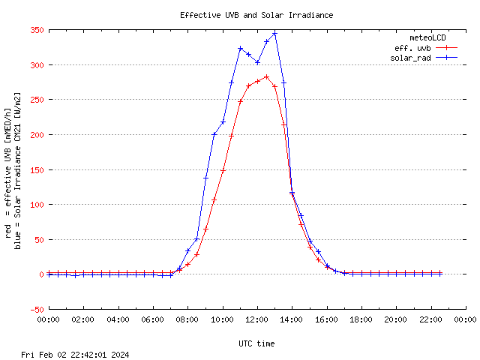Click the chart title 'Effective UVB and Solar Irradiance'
(256, 15)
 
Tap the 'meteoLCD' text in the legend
(427, 37)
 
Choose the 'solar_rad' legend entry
(410, 58)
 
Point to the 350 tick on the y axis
(36, 31)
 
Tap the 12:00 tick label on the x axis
(257, 319)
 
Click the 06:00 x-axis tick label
(153, 319)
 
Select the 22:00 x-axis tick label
(431, 319)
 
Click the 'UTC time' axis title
(256, 343)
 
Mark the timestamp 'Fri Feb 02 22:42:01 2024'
(76, 354)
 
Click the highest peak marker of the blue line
(275, 33)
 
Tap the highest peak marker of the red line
(266, 76)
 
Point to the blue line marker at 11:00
(240, 49)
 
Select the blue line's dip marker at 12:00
(257, 62)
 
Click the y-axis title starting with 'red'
(8, 169)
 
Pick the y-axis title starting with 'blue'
(17, 169)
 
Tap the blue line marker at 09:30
(214, 135)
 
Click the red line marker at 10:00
(223, 170)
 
